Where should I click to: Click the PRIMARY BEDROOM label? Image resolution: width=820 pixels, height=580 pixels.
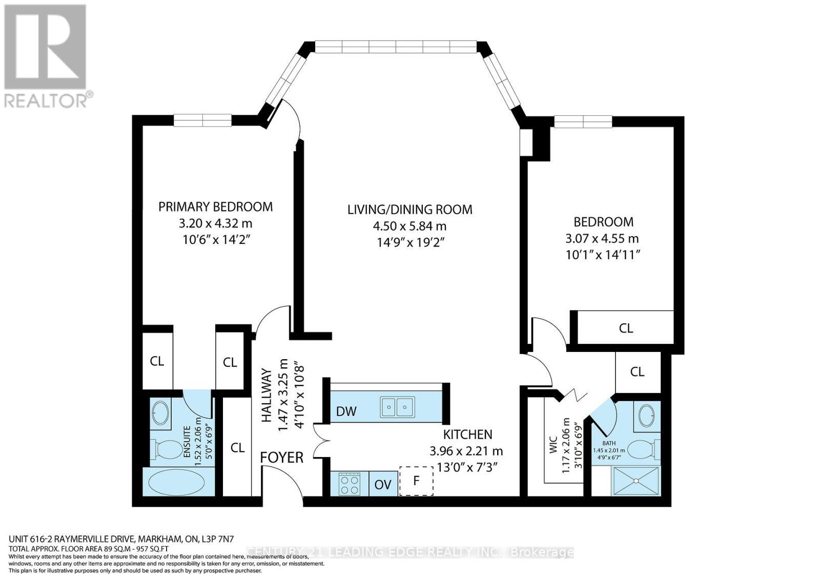(215, 206)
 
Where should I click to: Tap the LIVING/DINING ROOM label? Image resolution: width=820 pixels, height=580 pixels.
(409, 209)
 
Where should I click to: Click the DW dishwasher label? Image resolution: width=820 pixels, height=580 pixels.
(346, 411)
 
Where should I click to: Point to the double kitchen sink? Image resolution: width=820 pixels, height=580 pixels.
(397, 408)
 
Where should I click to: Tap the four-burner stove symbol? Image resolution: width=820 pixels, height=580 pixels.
(349, 484)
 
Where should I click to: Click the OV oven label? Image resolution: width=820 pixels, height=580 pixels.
(382, 485)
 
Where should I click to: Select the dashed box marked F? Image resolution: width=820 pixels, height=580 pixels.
(416, 481)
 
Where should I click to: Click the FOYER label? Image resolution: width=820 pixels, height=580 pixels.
(282, 457)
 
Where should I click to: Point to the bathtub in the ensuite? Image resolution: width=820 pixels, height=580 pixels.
(176, 482)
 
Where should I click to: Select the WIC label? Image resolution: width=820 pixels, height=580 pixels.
(552, 446)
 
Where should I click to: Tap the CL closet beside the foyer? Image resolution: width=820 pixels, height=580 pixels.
(237, 448)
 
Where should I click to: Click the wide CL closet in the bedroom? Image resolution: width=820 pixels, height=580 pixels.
(626, 328)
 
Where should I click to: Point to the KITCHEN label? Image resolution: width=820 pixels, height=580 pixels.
(467, 434)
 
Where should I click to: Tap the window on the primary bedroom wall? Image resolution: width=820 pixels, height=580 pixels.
(202, 120)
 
